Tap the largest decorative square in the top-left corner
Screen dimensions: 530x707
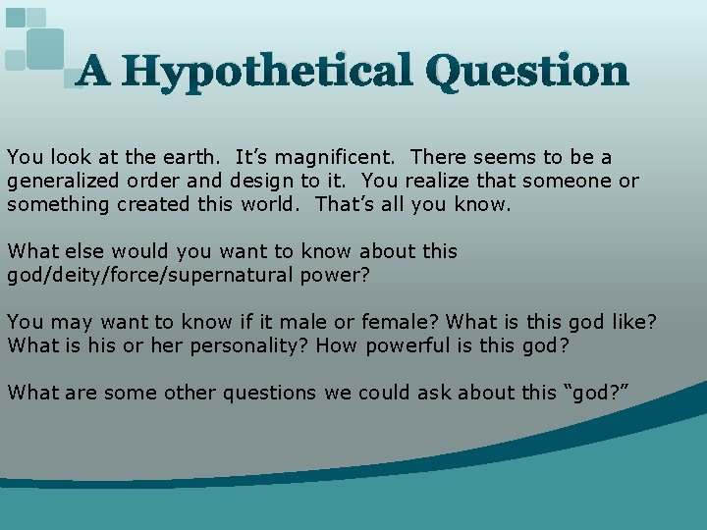[x=45, y=48]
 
